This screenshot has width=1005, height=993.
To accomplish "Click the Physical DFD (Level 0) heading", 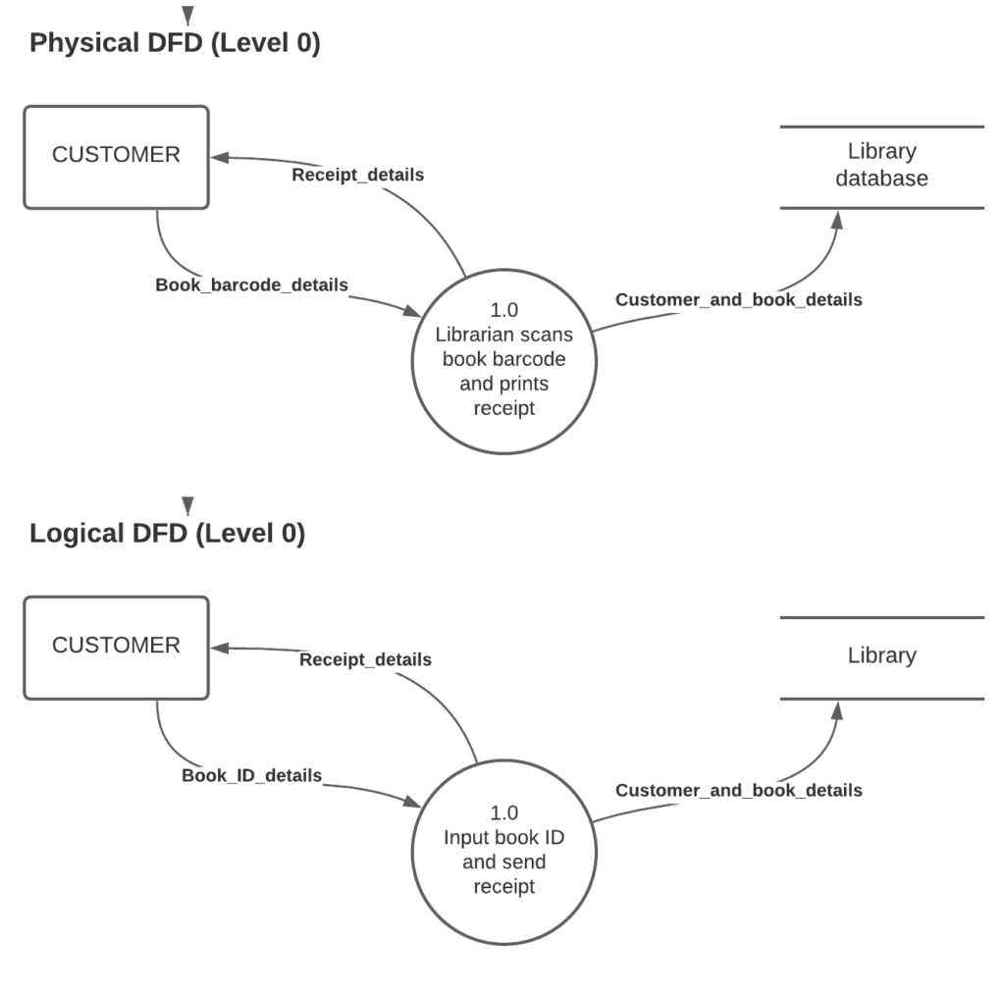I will [175, 44].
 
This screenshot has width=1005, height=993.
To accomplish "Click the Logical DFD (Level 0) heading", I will [167, 534].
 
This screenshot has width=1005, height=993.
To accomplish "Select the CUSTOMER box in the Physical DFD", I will [116, 157].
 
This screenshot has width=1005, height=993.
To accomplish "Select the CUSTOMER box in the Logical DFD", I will [116, 648].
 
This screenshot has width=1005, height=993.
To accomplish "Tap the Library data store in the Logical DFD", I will [881, 656].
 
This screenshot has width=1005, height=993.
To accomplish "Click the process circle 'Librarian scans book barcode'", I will [503, 361].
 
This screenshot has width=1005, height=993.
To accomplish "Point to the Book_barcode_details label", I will [251, 286].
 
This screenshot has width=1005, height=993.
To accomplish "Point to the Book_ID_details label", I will [251, 776].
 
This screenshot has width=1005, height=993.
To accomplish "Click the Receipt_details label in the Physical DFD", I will [358, 176].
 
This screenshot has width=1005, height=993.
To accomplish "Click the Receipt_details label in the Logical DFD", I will [365, 660].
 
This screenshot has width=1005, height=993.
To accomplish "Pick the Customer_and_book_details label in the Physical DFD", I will [738, 300].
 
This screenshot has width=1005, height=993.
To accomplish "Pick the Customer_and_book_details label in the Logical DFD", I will [738, 791].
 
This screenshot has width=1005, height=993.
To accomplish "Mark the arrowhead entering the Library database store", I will [836, 218].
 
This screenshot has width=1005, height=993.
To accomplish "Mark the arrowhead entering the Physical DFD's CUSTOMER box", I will [220, 157].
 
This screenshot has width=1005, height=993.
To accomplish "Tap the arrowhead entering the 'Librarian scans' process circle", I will [410, 311].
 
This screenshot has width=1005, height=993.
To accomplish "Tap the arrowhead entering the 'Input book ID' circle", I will [410, 802].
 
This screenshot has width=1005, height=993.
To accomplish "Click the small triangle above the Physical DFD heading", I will [187, 14].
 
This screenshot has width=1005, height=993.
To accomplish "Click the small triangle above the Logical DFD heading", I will [187, 504].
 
